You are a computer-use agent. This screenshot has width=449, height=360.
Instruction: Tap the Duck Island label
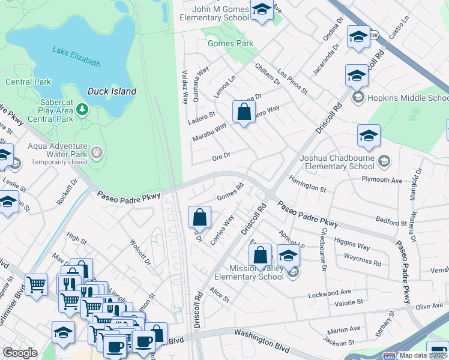pos(112,91)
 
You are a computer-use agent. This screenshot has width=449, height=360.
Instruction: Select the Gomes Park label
pos(230,44)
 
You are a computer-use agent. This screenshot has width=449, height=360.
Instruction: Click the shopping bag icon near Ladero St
pos(243,112)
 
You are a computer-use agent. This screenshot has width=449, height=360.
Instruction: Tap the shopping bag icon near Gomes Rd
pos(200,217)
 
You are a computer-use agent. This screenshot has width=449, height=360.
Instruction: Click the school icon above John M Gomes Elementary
pos(262,10)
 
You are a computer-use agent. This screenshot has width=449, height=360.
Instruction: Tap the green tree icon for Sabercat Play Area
pos(82,110)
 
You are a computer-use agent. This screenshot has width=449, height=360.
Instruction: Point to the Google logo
pos(20,353)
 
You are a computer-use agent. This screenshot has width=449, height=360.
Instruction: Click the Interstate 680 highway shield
pos(390,355)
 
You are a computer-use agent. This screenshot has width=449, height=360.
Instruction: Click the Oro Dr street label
pos(221,157)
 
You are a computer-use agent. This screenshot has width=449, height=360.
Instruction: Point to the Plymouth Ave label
pos(381,179)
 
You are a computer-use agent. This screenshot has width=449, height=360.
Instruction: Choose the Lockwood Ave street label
pos(330,292)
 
